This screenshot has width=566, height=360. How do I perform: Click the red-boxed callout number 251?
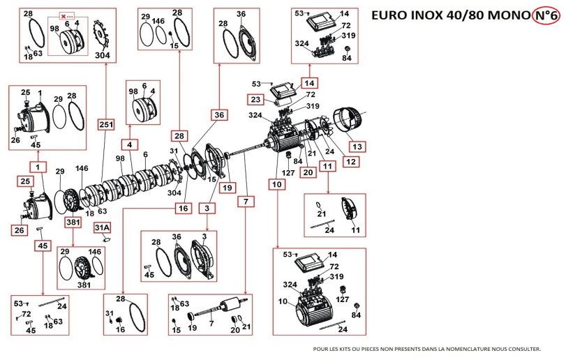pos(106,124)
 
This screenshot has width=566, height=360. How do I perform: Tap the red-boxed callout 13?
pos(357,147)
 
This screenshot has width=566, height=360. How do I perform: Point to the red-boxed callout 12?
pos(350,162)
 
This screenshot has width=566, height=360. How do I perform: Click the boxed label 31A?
pos(103,227)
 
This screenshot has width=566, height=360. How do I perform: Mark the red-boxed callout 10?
pos(278,185)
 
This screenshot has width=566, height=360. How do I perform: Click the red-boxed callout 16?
pos(184,208)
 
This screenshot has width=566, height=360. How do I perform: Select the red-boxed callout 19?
pos(225,187)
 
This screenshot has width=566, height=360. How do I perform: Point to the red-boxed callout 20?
pos(306,172)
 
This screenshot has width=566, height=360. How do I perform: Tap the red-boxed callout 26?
pos(18,228)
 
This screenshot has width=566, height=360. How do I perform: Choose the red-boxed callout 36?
pos(219,114)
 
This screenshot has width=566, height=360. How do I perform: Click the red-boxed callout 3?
pos(207,209)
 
